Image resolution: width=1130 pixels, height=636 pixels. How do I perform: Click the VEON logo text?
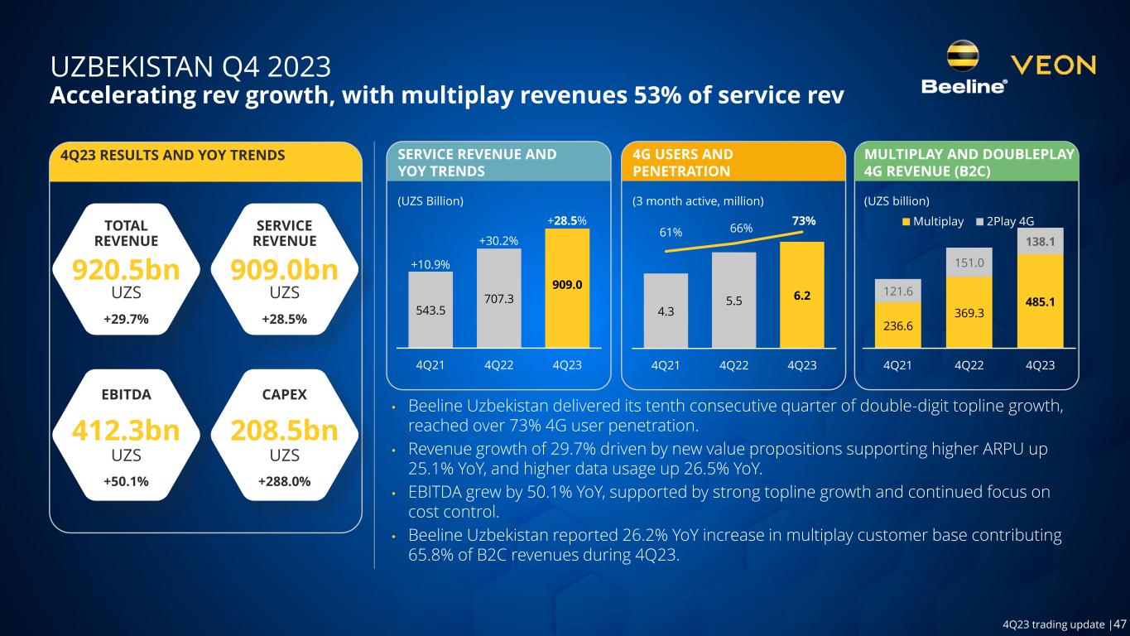[1053, 65]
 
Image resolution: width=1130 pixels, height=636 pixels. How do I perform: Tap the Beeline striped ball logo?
[964, 55]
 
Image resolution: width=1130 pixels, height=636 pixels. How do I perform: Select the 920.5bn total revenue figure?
[127, 270]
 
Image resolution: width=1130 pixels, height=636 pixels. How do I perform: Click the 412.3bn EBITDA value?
[127, 432]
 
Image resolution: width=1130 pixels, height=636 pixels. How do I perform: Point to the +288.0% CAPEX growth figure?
[285, 480]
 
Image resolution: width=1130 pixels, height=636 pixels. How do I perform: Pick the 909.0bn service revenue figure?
[285, 270]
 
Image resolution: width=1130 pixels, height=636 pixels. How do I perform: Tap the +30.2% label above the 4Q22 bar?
[499, 240]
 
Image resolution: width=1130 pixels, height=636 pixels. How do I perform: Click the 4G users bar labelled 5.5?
[733, 300]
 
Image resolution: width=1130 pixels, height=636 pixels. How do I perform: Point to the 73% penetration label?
[803, 221]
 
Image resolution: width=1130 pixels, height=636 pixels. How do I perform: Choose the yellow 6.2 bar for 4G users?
[801, 294]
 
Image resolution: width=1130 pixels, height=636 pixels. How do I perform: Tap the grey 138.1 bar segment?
[1040, 241]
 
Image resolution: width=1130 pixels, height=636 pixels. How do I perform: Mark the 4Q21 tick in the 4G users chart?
[666, 365]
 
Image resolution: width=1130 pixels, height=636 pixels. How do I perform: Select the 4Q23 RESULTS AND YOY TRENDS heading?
[167, 155]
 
